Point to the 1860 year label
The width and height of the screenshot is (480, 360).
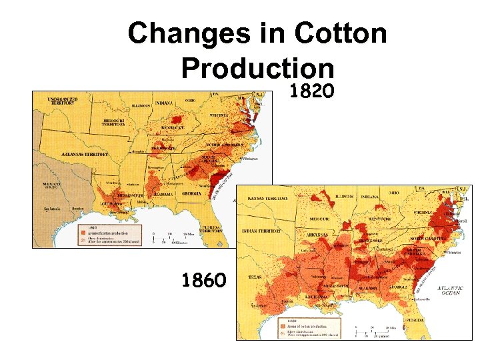point(204,280)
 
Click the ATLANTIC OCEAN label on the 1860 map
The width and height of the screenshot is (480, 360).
point(451,291)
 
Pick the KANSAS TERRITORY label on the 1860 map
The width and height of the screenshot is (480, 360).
point(267,198)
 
